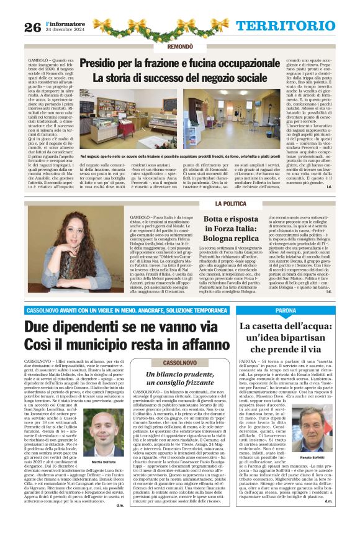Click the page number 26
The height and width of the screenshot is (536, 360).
[33, 26]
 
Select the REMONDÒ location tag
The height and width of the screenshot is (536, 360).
[179, 47]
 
